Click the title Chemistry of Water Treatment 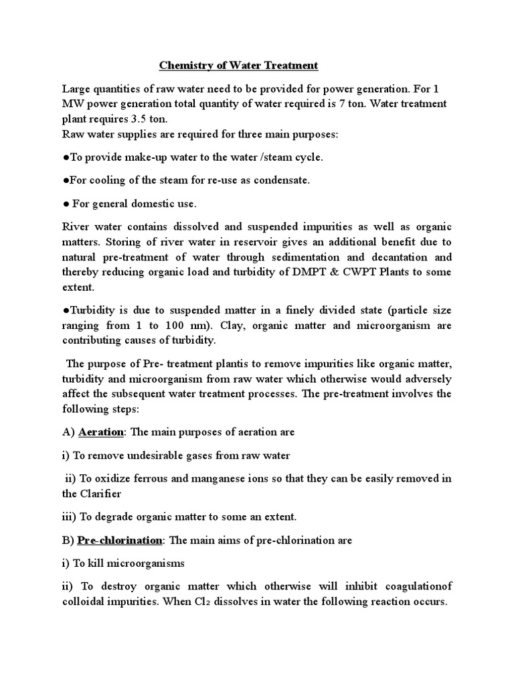coord(238,66)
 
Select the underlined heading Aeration coord(100,432)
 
